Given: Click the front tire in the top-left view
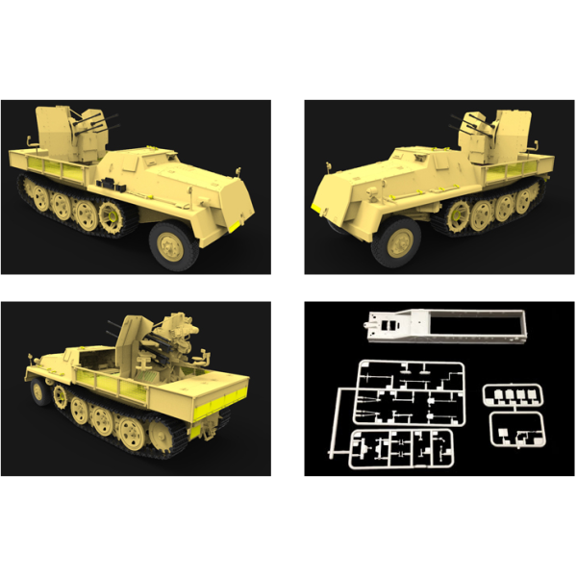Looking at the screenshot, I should [172, 242].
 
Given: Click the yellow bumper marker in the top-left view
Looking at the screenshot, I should [233, 221].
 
